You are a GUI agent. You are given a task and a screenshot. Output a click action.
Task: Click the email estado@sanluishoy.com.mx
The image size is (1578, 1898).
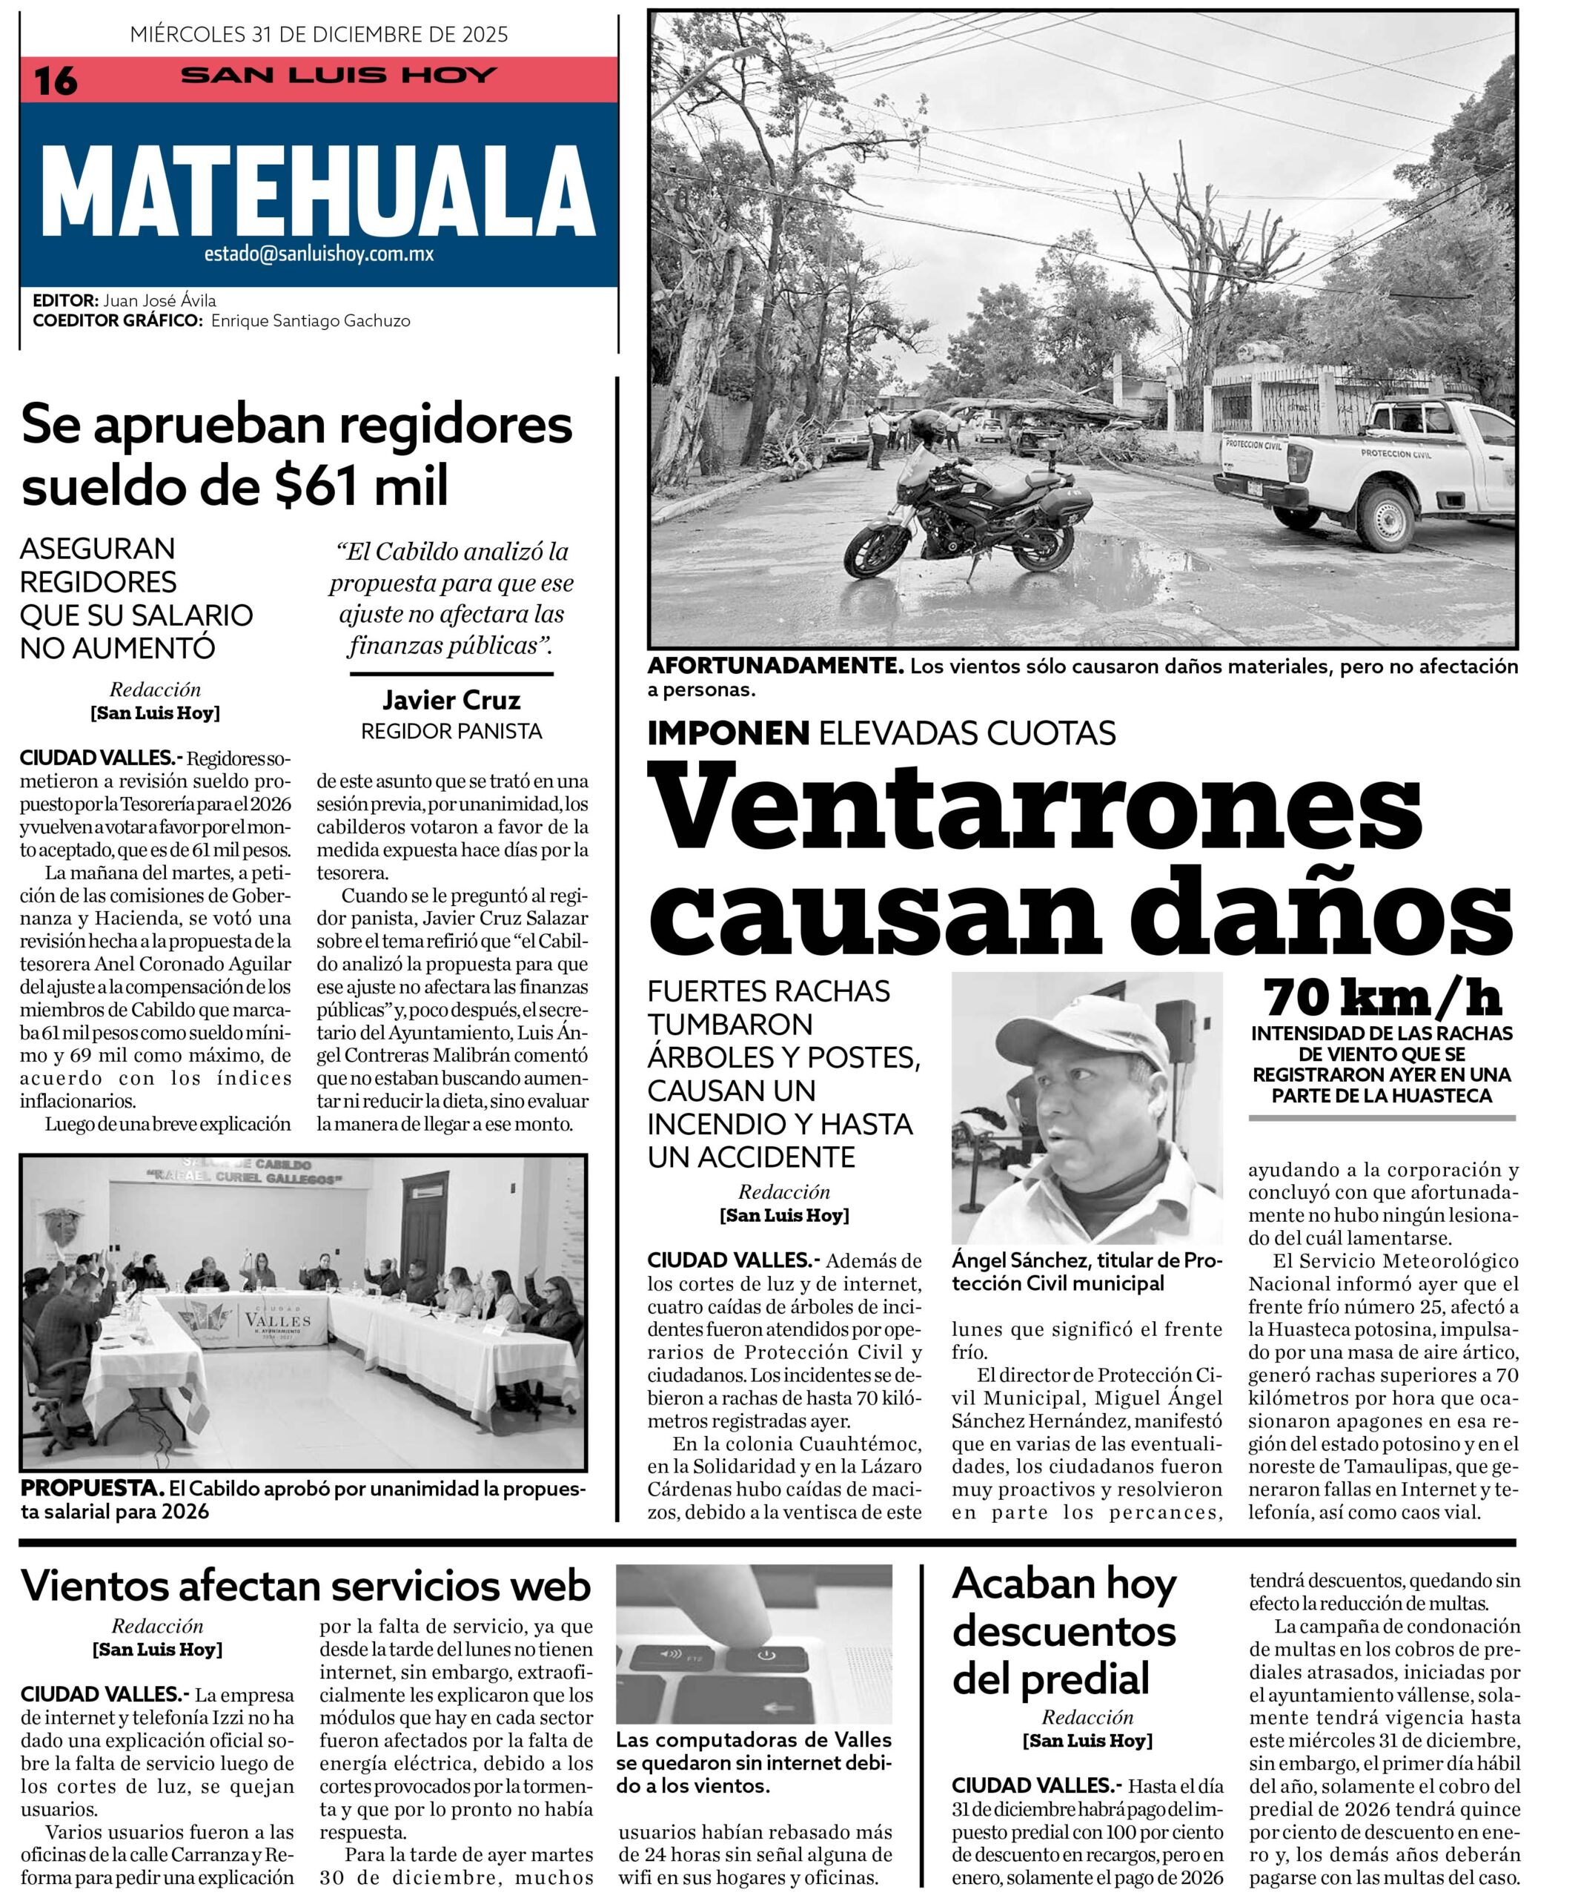click(x=318, y=255)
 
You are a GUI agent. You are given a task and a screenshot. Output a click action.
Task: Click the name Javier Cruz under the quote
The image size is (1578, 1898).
click(x=451, y=701)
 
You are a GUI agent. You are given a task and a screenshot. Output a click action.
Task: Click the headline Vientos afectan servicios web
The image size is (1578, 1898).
click(x=305, y=1586)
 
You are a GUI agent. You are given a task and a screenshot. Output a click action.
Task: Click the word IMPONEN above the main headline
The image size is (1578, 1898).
click(x=728, y=733)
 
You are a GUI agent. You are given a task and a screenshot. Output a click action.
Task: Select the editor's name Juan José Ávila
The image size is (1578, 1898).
click(x=159, y=301)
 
